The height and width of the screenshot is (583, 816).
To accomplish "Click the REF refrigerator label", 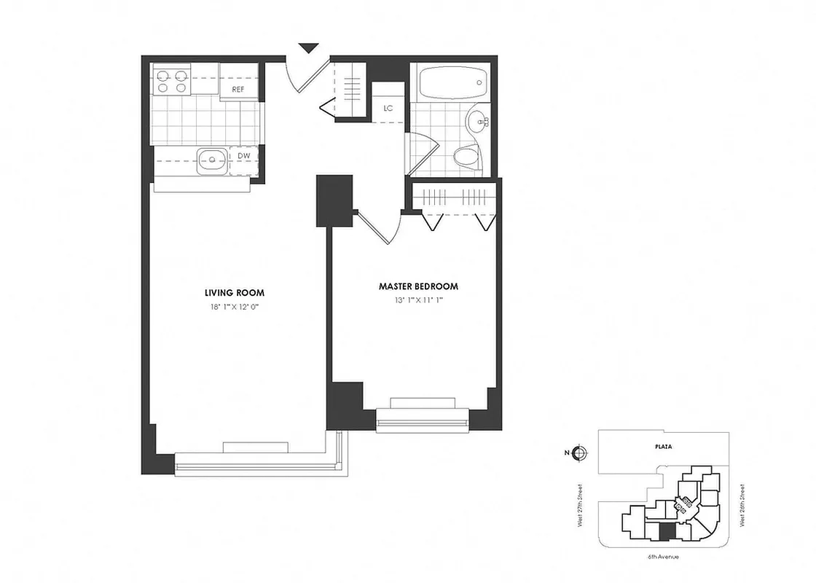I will point(238,89).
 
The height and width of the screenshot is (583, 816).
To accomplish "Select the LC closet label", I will point(388,109).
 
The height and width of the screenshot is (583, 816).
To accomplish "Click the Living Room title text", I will point(234,292).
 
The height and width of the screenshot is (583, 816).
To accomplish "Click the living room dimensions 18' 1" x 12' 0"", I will point(234,307).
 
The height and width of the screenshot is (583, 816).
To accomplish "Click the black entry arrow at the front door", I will point(309,48).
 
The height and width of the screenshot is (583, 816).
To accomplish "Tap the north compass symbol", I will point(578,453).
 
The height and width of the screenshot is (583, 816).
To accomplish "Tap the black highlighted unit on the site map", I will point(664,531).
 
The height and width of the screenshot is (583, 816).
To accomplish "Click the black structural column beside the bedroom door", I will point(334,200).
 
